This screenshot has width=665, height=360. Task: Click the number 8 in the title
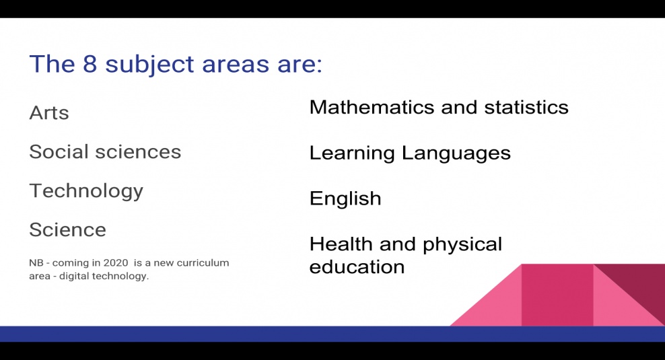[x=90, y=64]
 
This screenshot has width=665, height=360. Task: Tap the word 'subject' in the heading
[x=149, y=65]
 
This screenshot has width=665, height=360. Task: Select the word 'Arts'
[x=49, y=113]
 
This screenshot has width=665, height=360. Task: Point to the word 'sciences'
[x=138, y=152]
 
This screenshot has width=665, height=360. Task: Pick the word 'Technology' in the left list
[x=86, y=191]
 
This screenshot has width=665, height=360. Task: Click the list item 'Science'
[x=68, y=230]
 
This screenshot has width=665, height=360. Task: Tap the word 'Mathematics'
[x=372, y=107]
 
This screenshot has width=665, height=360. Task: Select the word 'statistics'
[x=526, y=107]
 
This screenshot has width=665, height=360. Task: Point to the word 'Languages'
[x=456, y=153]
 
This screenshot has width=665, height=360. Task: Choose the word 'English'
[x=345, y=199]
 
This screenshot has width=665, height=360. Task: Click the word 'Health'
[x=341, y=244]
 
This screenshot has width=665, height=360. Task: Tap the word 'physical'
[x=462, y=245]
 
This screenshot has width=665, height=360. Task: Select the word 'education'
[x=357, y=266]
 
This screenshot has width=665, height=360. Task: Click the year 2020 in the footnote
[x=116, y=263]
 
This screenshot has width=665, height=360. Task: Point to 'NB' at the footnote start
[x=36, y=263]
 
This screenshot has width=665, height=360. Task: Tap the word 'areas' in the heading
[x=236, y=64]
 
